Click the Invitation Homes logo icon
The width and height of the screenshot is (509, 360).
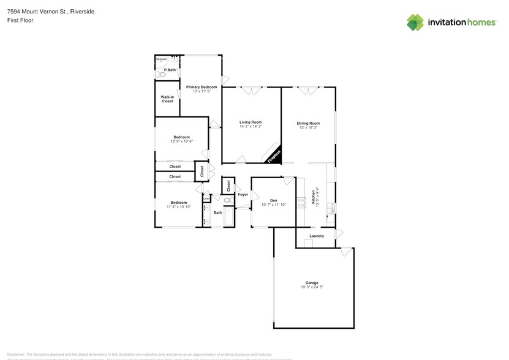click(x=415, y=22)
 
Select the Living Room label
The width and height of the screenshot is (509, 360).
click(x=251, y=122)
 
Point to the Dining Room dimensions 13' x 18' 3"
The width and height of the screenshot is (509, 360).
click(x=308, y=127)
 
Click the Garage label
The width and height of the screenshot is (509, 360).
click(x=312, y=282)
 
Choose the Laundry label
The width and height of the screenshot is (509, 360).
click(x=317, y=236)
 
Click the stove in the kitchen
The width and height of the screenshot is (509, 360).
click(x=301, y=202)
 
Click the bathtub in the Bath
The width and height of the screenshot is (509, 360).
click(x=229, y=217)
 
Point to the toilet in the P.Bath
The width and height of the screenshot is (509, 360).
click(x=160, y=71)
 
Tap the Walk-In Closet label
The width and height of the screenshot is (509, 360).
click(x=167, y=99)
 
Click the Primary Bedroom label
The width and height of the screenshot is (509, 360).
click(x=202, y=87)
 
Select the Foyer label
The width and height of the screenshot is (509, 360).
click(x=243, y=195)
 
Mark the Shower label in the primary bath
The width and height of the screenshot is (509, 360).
click(x=162, y=59)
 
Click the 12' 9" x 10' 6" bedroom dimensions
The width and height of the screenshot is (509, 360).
click(x=181, y=141)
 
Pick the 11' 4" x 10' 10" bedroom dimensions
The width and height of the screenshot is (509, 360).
click(x=179, y=207)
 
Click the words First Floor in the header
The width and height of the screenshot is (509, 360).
click(x=21, y=20)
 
